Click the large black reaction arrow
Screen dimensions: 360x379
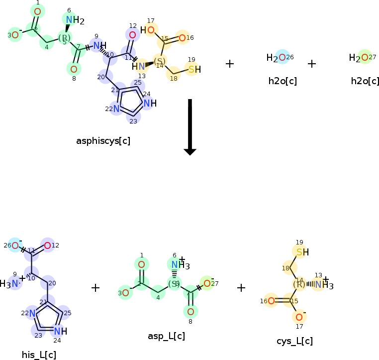[190, 127]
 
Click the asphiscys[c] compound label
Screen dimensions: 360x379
[103, 141]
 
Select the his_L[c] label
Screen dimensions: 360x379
[39, 355]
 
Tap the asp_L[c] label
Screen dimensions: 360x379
[166, 336]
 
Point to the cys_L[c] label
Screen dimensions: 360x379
[294, 341]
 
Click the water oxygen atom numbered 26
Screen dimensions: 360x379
[282, 57]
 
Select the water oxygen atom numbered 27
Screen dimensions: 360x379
[365, 58]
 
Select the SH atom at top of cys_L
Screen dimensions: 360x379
[300, 252]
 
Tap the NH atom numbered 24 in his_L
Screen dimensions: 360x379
[58, 331]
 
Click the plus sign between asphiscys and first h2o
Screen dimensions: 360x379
[230, 64]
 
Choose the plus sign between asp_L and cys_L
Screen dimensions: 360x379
[241, 288]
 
